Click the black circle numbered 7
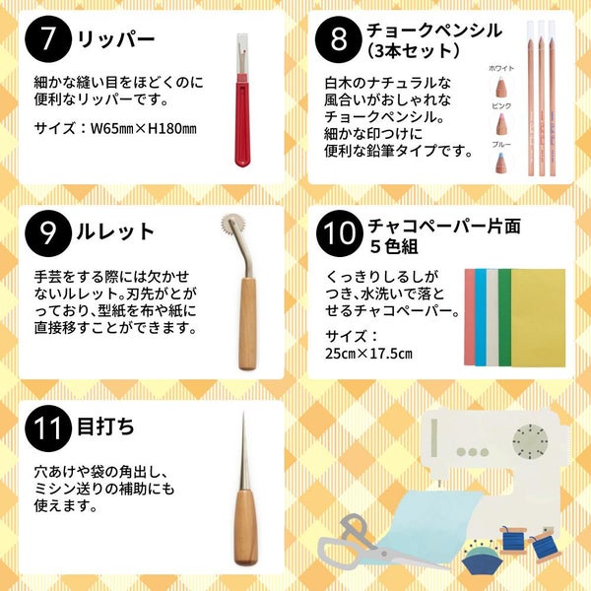pos(48,38)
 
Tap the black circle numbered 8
pos(339,39)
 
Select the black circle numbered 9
pos(48,233)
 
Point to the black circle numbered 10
pos(340,233)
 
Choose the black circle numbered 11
pos(48,428)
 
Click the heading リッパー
pos(115,39)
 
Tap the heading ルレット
pos(115,231)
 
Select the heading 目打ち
pos(105,427)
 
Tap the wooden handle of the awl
pos(245,527)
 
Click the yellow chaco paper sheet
pos(538,318)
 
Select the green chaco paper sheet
pos(504,318)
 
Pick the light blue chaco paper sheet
pos(481,318)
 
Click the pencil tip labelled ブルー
pos(501,163)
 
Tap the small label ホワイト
pos(501,68)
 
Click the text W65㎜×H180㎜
pos(144,128)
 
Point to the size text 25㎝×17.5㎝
pos(368,354)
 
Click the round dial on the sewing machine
pos(530,440)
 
